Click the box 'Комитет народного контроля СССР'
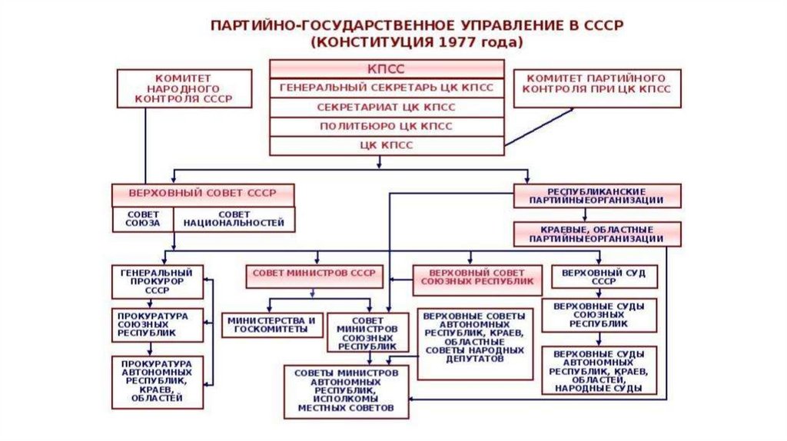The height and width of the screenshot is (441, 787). tap(183, 88)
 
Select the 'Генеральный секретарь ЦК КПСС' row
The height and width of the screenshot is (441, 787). tap(386, 88)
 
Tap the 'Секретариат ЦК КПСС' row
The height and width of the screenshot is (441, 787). tap(386, 107)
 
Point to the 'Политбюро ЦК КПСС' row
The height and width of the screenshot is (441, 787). tap(386, 126)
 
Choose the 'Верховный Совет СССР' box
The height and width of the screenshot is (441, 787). tap(204, 193)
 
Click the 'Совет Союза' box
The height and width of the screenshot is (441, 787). tap(144, 218)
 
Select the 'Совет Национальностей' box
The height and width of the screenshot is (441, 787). tap(234, 218)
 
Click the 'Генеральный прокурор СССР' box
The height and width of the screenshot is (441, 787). tap(157, 282)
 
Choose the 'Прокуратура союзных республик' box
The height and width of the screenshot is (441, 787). tap(157, 325)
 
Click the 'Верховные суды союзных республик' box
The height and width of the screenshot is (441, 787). tap(599, 315)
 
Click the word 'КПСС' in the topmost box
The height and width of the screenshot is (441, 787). tap(386, 68)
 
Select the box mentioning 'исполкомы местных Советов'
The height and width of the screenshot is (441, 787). tap(346, 391)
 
